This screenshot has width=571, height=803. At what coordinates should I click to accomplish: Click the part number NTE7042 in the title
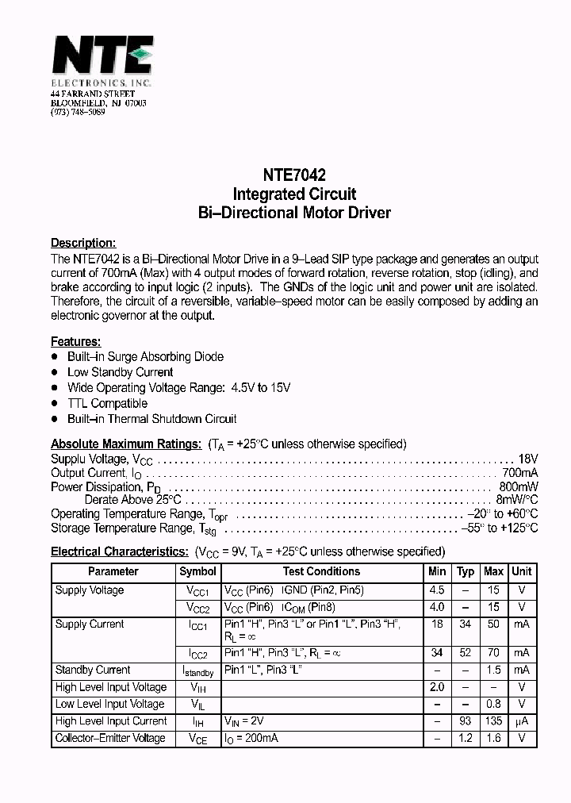click(293, 175)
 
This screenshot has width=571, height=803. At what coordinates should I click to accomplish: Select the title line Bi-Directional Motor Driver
click(293, 213)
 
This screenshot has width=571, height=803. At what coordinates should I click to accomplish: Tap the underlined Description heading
click(83, 244)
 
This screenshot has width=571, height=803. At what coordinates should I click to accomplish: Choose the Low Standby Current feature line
click(120, 372)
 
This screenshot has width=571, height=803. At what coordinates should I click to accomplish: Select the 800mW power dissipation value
click(519, 486)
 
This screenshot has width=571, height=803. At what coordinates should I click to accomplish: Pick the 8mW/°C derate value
click(516, 500)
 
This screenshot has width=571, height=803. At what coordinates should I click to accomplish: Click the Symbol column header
click(197, 571)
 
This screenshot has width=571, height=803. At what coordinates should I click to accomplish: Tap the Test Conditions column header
click(321, 571)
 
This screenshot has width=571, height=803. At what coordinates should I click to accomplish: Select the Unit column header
click(522, 571)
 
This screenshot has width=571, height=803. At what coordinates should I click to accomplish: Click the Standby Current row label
click(93, 670)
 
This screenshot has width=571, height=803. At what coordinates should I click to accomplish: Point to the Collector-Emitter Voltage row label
click(110, 738)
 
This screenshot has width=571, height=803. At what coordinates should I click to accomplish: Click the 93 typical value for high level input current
click(466, 721)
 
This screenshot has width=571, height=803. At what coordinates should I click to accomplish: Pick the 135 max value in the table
click(493, 721)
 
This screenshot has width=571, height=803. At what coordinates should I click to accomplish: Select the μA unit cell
click(522, 721)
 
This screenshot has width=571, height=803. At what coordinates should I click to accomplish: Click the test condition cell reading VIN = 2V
click(243, 721)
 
